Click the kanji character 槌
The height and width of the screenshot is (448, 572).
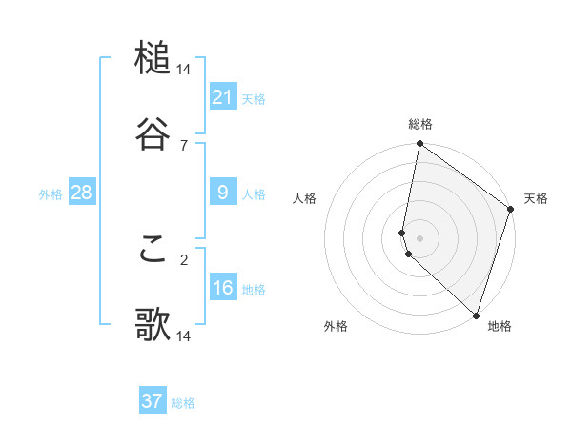[x=153, y=59]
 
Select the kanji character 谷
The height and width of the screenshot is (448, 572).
[x=153, y=134]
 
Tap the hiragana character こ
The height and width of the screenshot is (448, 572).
[x=153, y=250]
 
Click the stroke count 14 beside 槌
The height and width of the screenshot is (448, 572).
[x=184, y=70]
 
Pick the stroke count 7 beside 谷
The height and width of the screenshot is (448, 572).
[x=184, y=145]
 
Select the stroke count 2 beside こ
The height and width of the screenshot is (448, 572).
[x=184, y=259]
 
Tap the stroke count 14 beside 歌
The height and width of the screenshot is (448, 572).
[x=184, y=336]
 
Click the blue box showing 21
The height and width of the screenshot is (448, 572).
[x=223, y=96]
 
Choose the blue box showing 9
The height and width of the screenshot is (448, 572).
[x=223, y=193]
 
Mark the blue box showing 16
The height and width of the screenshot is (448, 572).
[x=223, y=288]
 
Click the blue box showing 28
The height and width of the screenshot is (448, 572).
[x=82, y=193]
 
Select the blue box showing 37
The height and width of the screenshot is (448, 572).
[x=153, y=401]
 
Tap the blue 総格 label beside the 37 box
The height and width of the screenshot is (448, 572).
[x=183, y=403]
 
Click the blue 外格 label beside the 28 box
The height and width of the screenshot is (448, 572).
[x=51, y=194]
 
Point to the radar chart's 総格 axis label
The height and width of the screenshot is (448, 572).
[x=420, y=124]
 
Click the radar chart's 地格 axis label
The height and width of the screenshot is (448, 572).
[x=500, y=326]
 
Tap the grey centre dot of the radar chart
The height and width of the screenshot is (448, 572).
[x=420, y=237]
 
